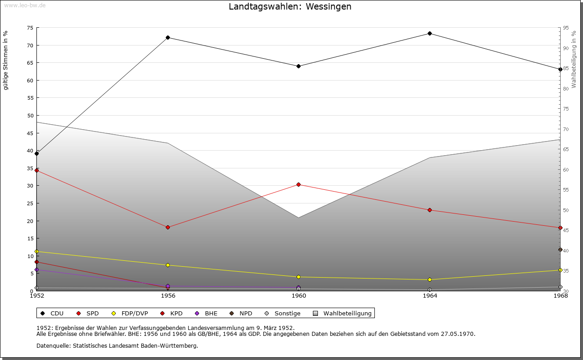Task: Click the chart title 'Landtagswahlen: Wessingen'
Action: [x=290, y=7]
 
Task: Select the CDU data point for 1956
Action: [x=168, y=37]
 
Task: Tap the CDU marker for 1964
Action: [x=430, y=33]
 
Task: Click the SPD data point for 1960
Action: [x=299, y=184]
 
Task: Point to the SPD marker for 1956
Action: [x=168, y=227]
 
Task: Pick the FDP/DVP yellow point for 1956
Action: [x=168, y=265]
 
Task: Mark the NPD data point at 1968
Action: [x=560, y=249]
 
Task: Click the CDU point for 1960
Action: [x=299, y=66]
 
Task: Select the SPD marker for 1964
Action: [x=430, y=210]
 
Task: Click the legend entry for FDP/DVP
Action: [x=131, y=314]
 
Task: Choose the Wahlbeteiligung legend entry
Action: [x=343, y=314]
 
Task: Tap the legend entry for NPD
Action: [x=241, y=314]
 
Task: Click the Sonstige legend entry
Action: [x=283, y=314]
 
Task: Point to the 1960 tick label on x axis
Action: [x=299, y=296]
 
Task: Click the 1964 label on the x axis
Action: [x=430, y=296]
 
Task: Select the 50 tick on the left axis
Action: [x=30, y=116]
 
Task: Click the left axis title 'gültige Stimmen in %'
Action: [x=6, y=60]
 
